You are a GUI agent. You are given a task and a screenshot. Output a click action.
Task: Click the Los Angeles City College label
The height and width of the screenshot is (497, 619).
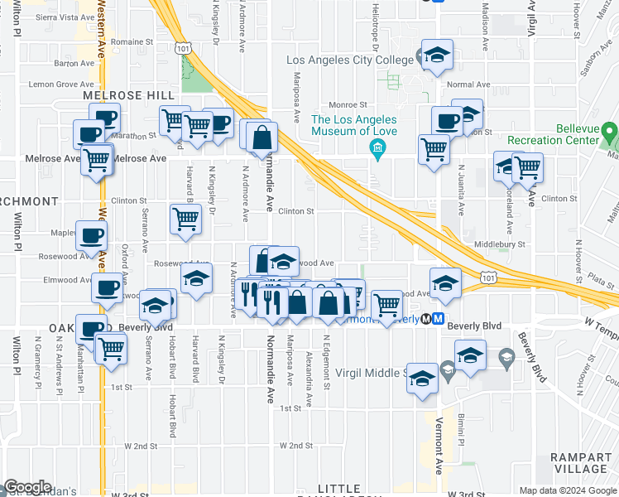[x=349, y=60]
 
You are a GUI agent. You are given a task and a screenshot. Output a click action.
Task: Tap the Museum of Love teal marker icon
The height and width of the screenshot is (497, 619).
[x=377, y=148]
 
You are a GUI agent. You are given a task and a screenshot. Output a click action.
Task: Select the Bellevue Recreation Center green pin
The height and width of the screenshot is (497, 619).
[x=610, y=132]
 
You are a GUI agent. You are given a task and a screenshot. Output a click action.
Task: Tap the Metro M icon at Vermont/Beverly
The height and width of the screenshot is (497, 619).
[x=438, y=318]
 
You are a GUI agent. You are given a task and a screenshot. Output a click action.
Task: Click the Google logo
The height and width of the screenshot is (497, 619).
[x=27, y=487]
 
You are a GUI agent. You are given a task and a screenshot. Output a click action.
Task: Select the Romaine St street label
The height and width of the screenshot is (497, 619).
[x=133, y=41]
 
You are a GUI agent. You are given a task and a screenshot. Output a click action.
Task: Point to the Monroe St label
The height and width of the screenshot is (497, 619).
[x=348, y=105]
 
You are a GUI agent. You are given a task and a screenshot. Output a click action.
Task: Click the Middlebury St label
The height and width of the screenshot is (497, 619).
[x=501, y=245]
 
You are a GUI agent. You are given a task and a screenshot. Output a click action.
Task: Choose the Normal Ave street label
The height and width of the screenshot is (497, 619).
[x=468, y=84]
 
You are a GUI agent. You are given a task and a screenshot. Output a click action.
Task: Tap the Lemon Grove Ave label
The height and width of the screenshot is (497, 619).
[x=61, y=84]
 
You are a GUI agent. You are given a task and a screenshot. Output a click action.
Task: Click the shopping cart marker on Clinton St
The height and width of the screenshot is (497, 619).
[x=185, y=219]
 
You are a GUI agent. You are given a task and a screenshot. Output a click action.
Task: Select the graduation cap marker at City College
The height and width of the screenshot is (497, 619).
[x=436, y=55]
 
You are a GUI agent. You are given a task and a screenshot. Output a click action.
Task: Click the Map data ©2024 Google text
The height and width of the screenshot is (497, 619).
[x=567, y=490]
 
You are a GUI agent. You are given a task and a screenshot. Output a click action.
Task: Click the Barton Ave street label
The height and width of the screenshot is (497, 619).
[x=74, y=63]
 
